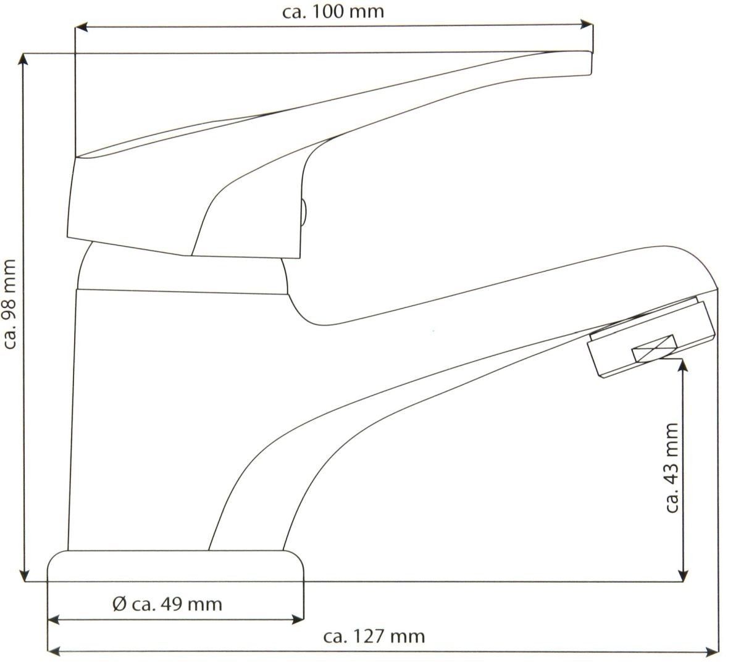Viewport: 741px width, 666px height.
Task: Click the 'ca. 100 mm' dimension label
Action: (333, 12)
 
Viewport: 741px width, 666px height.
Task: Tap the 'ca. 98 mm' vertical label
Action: (10, 304)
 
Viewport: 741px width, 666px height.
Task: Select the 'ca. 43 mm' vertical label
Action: (672, 468)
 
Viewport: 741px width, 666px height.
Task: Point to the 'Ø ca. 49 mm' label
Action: (167, 604)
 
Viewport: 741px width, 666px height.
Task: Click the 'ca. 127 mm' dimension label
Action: (374, 636)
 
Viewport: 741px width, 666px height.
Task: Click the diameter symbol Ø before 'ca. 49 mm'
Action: (120, 604)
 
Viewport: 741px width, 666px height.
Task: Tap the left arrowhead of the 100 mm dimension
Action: (82, 27)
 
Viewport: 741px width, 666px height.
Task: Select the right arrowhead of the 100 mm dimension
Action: (587, 25)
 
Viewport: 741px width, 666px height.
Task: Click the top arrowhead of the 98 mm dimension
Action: (24, 60)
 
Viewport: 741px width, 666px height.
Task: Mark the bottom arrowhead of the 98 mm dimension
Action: (24, 575)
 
